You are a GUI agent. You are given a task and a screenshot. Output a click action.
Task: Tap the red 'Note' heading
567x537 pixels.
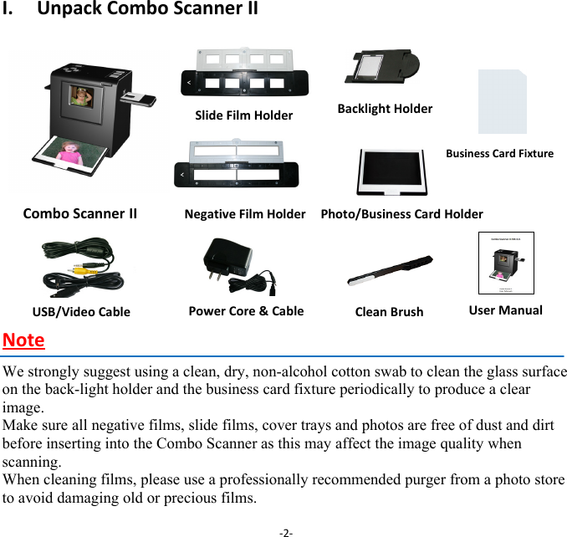(23, 340)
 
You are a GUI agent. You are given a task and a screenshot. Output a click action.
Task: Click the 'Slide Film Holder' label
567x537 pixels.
(243, 115)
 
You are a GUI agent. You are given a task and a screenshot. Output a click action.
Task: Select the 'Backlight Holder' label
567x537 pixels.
(385, 109)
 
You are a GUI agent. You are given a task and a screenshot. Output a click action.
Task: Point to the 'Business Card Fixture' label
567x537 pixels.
(499, 153)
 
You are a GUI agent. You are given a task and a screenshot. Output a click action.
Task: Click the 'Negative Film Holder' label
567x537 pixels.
(244, 214)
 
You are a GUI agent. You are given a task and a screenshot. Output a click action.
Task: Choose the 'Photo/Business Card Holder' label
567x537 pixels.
(401, 214)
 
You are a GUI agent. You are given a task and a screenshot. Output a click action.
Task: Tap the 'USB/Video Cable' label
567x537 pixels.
(81, 312)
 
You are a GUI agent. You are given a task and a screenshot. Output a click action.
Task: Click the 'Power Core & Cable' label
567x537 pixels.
(246, 310)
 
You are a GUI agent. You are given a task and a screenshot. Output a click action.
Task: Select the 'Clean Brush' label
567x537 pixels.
(389, 312)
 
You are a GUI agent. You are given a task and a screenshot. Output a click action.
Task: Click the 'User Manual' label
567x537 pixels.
(505, 309)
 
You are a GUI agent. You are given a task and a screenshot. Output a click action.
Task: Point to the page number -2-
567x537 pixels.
(286, 530)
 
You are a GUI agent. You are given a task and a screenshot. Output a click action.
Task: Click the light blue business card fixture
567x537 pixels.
(502, 103)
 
